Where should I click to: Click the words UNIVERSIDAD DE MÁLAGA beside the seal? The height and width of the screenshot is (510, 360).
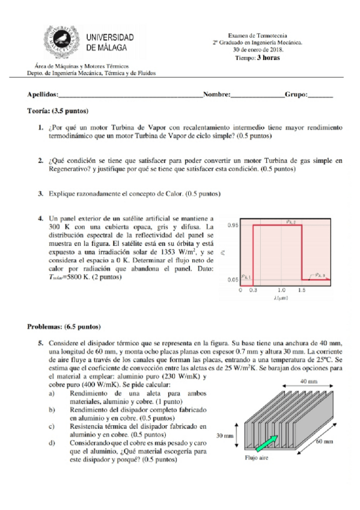110,42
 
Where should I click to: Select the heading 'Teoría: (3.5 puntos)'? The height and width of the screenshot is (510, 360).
58,111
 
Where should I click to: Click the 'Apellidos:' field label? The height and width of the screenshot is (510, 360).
43,95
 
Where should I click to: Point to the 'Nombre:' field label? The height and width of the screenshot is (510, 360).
217,95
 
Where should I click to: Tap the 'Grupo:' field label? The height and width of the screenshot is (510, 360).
296,95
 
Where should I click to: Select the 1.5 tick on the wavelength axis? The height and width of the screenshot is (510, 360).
301,290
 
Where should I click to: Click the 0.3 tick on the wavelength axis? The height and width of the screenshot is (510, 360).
252,290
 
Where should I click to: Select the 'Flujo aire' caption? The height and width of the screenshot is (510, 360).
258,456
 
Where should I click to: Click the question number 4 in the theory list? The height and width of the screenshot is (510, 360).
41,217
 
